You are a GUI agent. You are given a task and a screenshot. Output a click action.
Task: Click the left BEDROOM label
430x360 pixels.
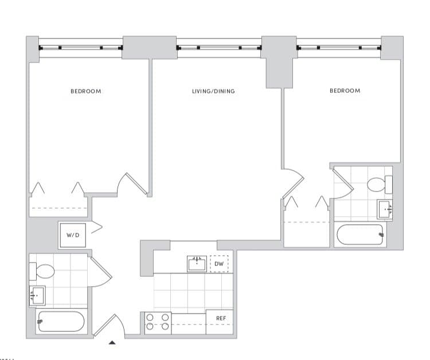[86, 91]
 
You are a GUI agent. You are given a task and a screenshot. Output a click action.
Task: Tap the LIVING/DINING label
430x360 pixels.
[213, 91]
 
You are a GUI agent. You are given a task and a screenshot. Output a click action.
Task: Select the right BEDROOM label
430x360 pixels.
[345, 91]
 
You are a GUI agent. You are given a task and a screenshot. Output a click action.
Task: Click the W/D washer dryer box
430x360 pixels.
[73, 235]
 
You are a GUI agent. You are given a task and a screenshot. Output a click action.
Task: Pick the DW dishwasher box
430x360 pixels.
[219, 264]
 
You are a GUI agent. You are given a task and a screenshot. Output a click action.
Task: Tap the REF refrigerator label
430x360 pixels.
[220, 318]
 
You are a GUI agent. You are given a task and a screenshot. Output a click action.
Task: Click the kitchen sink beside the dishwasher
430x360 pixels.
[197, 264]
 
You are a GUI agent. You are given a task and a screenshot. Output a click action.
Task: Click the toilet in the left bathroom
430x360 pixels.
[44, 271]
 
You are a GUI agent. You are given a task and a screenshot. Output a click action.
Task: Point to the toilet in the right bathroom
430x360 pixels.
[379, 185]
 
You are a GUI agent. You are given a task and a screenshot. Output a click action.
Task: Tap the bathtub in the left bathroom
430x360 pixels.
[61, 321]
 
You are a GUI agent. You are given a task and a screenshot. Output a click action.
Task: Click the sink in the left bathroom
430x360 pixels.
[37, 296]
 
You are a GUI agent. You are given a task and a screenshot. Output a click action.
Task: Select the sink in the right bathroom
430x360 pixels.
[385, 210]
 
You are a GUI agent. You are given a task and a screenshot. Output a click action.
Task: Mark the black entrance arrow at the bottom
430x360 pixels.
[112, 343]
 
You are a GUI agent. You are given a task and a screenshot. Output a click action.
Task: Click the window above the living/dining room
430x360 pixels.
[219, 48]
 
